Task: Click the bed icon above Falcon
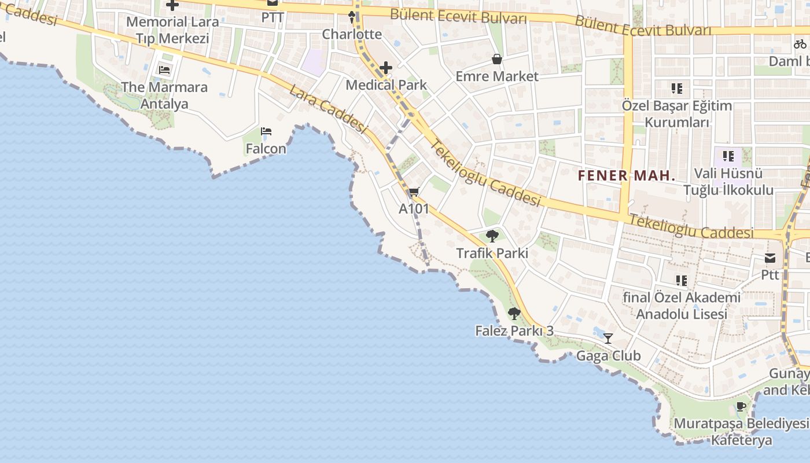pyautogui.click(x=266, y=131)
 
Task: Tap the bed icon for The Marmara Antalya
pyautogui.click(x=164, y=71)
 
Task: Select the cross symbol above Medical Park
pyautogui.click(x=386, y=68)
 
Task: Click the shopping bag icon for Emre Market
pyautogui.click(x=496, y=59)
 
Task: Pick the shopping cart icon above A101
pyautogui.click(x=414, y=192)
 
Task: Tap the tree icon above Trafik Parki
pyautogui.click(x=492, y=236)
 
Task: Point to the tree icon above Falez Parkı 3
pyautogui.click(x=514, y=314)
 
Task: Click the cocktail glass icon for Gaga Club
pyautogui.click(x=608, y=339)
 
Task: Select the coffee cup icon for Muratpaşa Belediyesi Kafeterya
pyautogui.click(x=741, y=406)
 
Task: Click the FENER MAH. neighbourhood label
pyautogui.click(x=627, y=176)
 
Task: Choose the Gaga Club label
pyautogui.click(x=609, y=355)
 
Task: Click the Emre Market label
pyautogui.click(x=497, y=76)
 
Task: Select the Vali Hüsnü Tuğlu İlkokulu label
pyautogui.click(x=728, y=182)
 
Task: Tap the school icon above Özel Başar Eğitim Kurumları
pyautogui.click(x=677, y=89)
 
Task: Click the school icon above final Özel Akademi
pyautogui.click(x=682, y=281)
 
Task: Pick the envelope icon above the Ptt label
pyautogui.click(x=770, y=258)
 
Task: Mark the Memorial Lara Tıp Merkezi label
pyautogui.click(x=172, y=30)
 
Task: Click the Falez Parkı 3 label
pyautogui.click(x=514, y=331)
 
